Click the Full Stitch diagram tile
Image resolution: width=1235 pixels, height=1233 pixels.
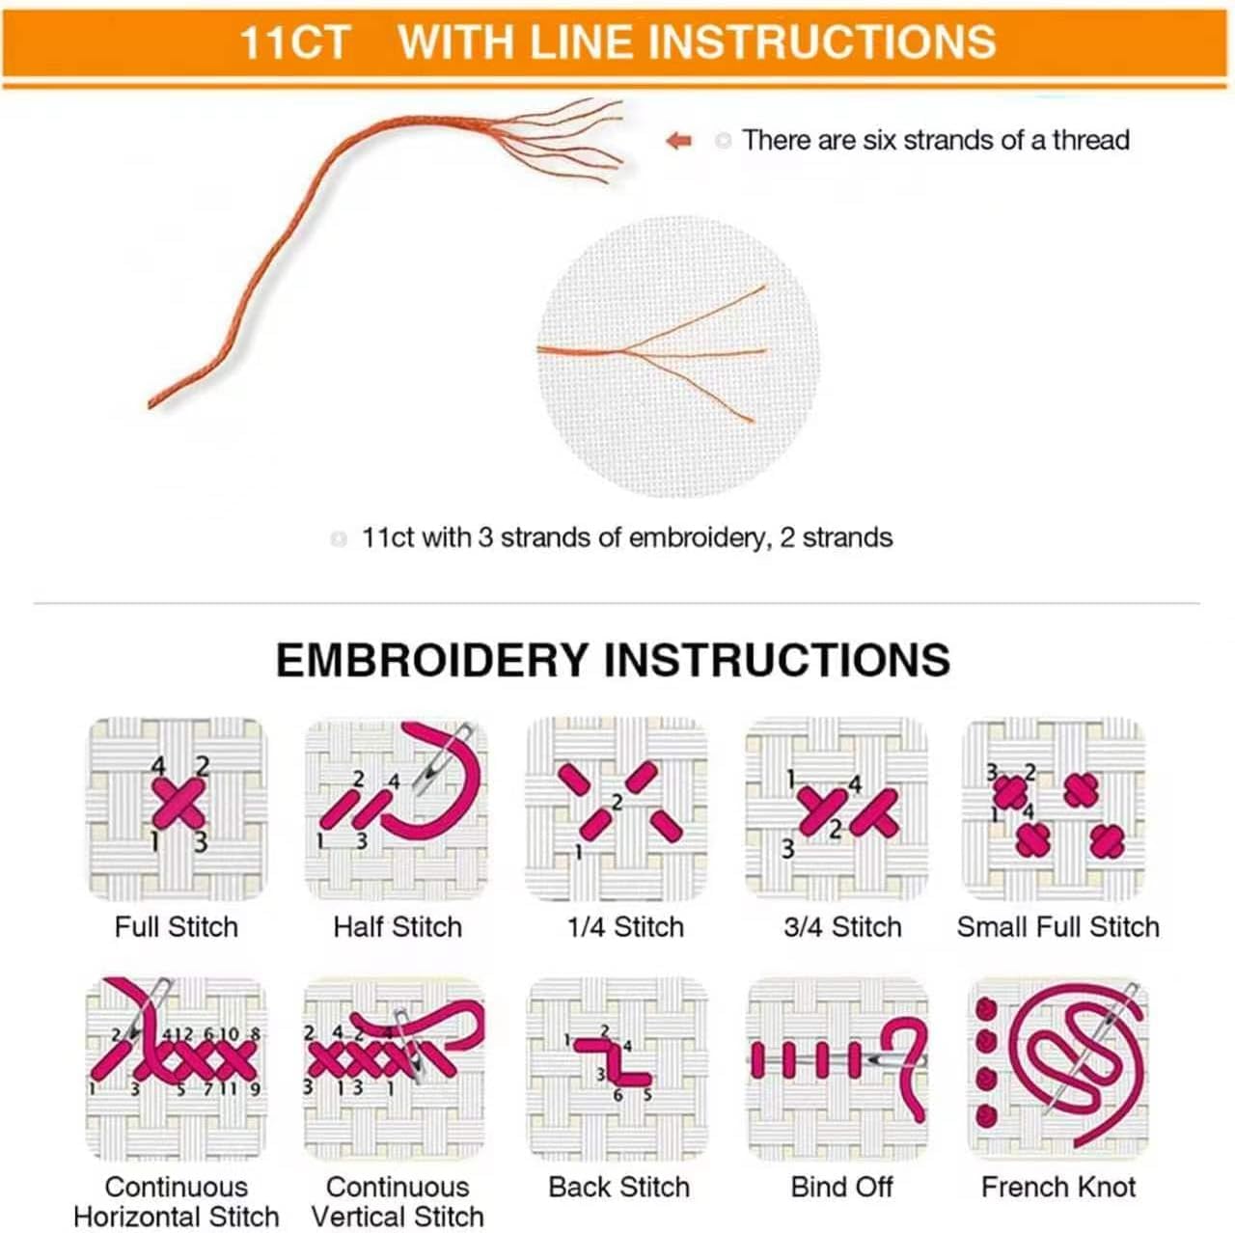tap(177, 808)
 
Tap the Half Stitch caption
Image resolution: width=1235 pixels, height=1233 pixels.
tap(398, 926)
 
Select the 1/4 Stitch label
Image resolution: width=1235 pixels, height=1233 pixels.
tap(625, 926)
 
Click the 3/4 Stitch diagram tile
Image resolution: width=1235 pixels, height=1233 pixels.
tap(837, 808)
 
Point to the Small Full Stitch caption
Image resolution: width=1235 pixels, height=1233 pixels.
tap(1058, 926)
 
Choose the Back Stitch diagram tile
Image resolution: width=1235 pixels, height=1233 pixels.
tap(617, 1069)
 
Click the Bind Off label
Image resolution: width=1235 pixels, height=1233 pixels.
tap(841, 1187)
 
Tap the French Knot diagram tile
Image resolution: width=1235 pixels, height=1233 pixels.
tap(1057, 1069)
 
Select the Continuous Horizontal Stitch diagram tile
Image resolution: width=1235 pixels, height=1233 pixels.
tap(177, 1069)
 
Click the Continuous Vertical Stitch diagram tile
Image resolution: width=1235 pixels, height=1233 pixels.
tap(395, 1069)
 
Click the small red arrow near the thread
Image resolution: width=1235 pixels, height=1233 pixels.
tap(679, 140)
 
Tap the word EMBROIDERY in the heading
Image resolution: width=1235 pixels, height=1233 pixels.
tap(432, 660)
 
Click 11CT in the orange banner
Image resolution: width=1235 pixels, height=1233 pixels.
tap(295, 42)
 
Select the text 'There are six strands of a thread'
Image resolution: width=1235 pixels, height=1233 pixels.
tap(936, 140)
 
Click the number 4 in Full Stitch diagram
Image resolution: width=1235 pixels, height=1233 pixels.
tap(158, 766)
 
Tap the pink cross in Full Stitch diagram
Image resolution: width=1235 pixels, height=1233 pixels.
tap(178, 803)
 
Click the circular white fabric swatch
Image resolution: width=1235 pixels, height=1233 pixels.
tap(678, 356)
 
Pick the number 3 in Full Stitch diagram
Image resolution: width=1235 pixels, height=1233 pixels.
tap(201, 841)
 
